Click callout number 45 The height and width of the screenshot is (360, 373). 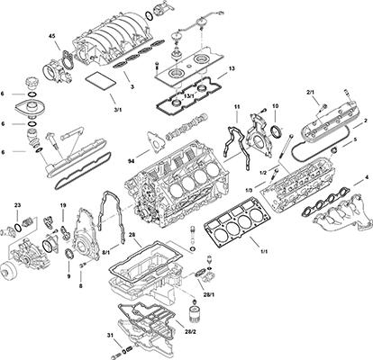pyautogui.click(x=51, y=36)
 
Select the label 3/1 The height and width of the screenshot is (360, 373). pyautogui.click(x=118, y=110)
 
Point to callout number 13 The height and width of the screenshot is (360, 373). pyautogui.click(x=232, y=68)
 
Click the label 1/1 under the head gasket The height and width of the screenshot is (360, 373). pyautogui.click(x=264, y=251)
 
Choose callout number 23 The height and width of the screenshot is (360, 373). pyautogui.click(x=17, y=205)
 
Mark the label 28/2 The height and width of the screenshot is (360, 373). pyautogui.click(x=189, y=333)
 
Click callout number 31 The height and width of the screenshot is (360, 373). pyautogui.click(x=109, y=335)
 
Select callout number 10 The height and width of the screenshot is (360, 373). pyautogui.click(x=276, y=106)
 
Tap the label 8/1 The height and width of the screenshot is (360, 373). pyautogui.click(x=106, y=253)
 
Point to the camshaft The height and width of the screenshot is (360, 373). pyautogui.click(x=186, y=127)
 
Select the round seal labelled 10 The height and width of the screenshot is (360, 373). pyautogui.click(x=277, y=132)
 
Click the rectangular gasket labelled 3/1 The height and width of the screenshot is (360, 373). pyautogui.click(x=100, y=80)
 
